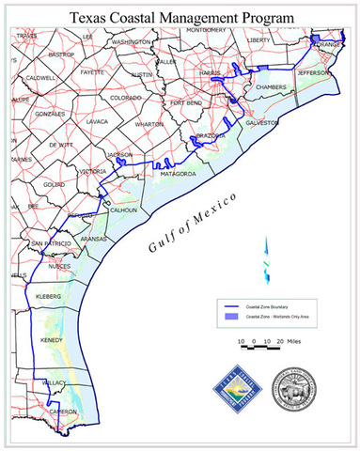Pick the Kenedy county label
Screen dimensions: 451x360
coord(52,339)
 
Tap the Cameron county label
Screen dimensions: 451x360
coord(63,412)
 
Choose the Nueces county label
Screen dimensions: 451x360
coord(59,267)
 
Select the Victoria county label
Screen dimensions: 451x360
coord(93,171)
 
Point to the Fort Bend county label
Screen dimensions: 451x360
coord(186,102)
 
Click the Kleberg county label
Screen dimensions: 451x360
coord(48,296)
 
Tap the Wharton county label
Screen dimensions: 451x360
coord(149,123)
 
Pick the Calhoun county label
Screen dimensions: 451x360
coord(124,210)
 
